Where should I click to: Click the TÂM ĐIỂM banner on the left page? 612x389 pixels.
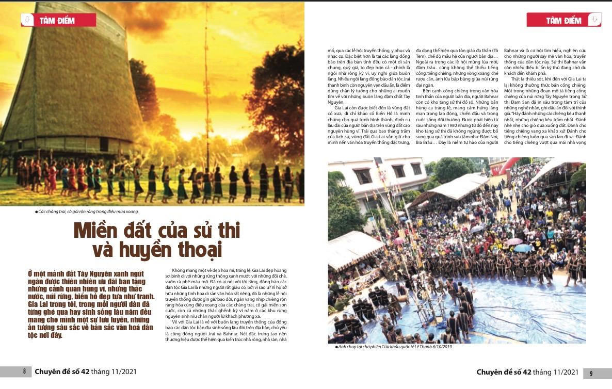coord(57,20)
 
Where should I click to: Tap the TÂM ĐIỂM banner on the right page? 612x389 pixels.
coord(563,20)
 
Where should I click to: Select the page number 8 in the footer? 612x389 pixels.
coord(24,371)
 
